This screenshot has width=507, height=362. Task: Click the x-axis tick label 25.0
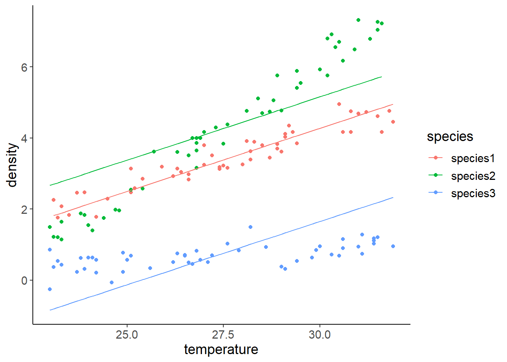[x=127, y=335]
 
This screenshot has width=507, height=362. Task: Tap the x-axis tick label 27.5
[x=223, y=335]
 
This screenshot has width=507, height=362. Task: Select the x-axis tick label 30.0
[x=320, y=335]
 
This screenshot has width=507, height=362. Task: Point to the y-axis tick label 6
[x=25, y=67]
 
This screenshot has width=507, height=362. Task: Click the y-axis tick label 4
[x=25, y=138]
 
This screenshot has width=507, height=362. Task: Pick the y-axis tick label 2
[x=25, y=210]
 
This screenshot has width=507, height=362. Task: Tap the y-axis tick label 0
[x=25, y=281]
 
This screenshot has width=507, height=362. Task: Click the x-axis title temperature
[x=221, y=350]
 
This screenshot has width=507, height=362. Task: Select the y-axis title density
[x=12, y=165]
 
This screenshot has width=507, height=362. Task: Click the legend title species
[x=450, y=137]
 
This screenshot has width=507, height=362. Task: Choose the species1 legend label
[x=473, y=158]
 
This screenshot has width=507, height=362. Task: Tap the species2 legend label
[x=473, y=176]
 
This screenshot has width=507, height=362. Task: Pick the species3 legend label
[x=473, y=193]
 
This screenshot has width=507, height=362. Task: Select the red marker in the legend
[x=436, y=158]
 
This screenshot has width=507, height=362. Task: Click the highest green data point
[x=358, y=20]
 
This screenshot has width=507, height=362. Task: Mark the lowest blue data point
[x=50, y=289]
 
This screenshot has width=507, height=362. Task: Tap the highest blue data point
[x=250, y=227]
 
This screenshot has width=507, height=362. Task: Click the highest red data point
[x=339, y=104]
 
